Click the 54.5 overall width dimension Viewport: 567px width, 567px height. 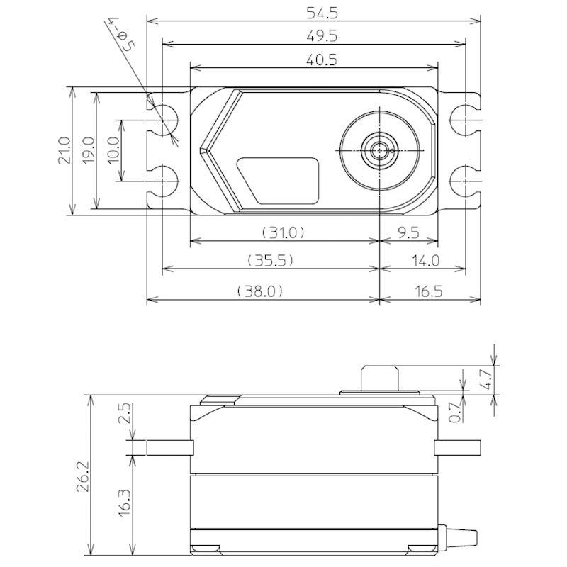(x=313, y=13)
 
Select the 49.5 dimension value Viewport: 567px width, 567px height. (x=313, y=35)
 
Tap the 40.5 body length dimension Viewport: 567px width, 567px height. (x=313, y=60)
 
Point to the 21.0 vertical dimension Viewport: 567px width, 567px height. (x=63, y=150)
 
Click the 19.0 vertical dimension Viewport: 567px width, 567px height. (x=88, y=150)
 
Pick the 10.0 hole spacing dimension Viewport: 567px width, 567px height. (x=113, y=150)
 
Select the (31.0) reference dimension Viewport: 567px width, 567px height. (x=282, y=232)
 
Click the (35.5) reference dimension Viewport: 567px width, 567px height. (x=270, y=261)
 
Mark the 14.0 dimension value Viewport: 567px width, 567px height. (x=424, y=261)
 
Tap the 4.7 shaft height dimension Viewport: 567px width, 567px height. (x=484, y=381)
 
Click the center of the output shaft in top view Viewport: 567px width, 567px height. (x=378, y=150)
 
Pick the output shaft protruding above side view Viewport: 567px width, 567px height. (x=378, y=377)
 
